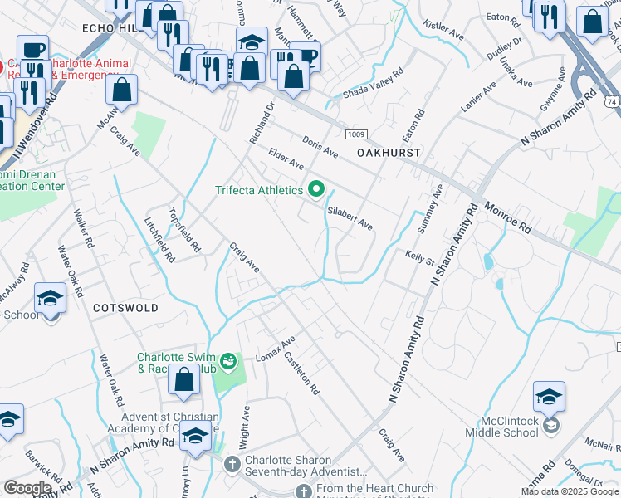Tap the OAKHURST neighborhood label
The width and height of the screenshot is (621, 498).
tap(389, 153)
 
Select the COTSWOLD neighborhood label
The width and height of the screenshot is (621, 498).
tap(125, 307)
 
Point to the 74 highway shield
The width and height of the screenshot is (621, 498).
tap(613, 100)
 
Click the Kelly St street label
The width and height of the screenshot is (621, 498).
tap(420, 256)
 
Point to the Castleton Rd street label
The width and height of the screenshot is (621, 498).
tap(301, 371)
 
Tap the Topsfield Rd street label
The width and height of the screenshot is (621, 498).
tap(184, 229)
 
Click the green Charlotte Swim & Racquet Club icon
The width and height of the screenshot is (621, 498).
tap(227, 363)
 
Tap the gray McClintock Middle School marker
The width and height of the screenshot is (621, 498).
tap(548, 426)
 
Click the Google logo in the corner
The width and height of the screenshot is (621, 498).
tap(27, 488)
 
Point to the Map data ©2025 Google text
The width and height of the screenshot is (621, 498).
tap(569, 491)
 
